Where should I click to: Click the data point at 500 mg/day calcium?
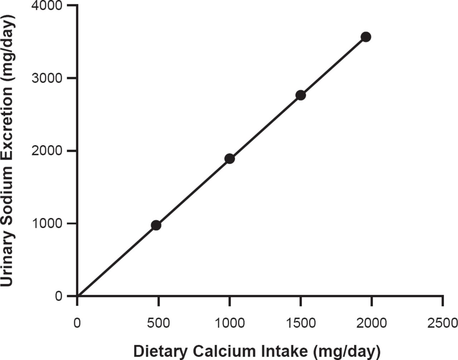point(156,225)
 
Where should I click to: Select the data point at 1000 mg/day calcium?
point(229,159)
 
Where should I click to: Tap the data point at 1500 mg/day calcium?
point(301,95)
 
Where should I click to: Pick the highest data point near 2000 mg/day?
point(366,37)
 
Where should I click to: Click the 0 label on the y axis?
point(59,296)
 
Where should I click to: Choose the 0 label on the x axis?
point(77,323)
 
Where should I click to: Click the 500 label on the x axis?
point(158,323)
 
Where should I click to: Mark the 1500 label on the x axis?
point(301,323)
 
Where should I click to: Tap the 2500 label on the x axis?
point(443,323)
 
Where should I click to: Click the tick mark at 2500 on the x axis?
point(443,301)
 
